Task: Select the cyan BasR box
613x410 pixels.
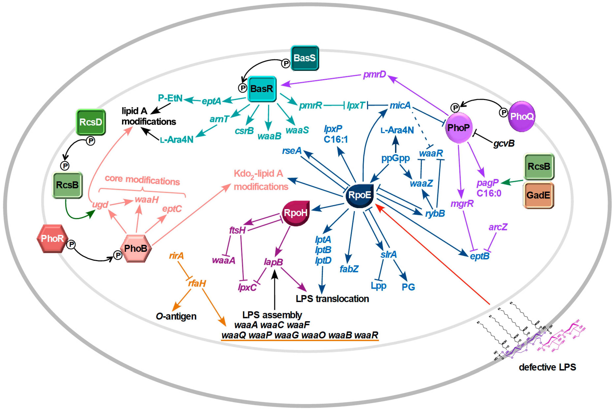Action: pyautogui.click(x=262, y=89)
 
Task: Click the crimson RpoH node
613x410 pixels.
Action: pyautogui.click(x=296, y=213)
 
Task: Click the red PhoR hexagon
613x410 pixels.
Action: pyautogui.click(x=52, y=238)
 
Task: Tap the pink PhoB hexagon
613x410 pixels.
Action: pyautogui.click(x=136, y=248)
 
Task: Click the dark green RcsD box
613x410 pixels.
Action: pyautogui.click(x=91, y=122)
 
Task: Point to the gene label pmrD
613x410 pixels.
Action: pyautogui.click(x=374, y=74)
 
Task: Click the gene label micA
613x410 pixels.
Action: pyautogui.click(x=400, y=105)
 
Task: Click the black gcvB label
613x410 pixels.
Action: pyautogui.click(x=504, y=144)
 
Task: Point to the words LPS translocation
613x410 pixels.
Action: pyautogui.click(x=332, y=299)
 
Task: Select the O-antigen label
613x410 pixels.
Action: pyautogui.click(x=176, y=316)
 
